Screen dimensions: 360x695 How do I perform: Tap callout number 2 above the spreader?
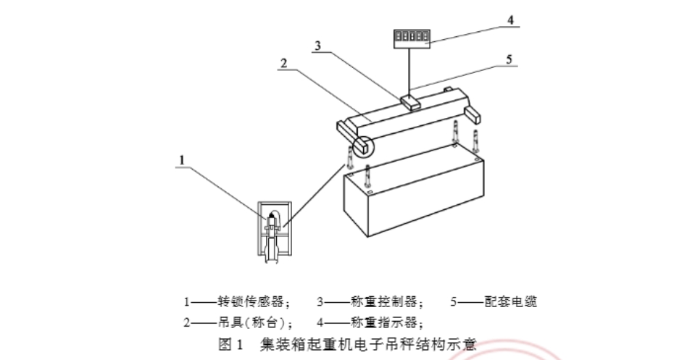pyautogui.click(x=283, y=63)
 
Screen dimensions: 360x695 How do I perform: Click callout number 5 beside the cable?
pyautogui.click(x=509, y=59)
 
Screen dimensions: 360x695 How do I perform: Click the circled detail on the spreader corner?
pyautogui.click(x=362, y=146)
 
